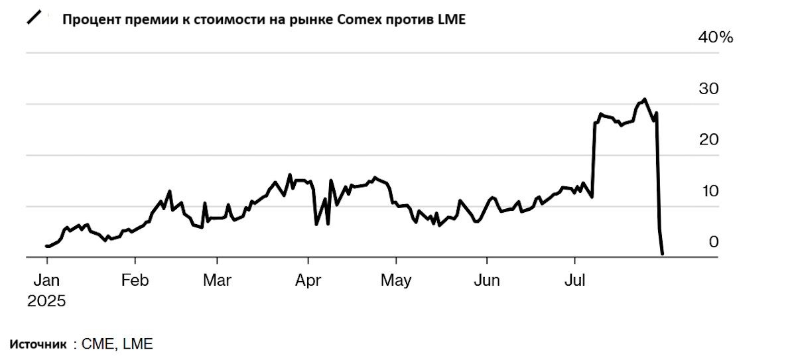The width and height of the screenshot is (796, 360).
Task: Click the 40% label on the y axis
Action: (x=716, y=38)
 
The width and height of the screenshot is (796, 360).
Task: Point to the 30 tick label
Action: (x=708, y=89)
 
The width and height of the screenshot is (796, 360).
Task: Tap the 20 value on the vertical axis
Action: (x=708, y=140)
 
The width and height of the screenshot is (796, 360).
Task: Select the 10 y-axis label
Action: (x=708, y=191)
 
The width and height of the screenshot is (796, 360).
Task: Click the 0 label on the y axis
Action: (x=713, y=242)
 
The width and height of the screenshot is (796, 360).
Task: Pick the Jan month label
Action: (x=46, y=280)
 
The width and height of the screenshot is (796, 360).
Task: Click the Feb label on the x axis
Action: (x=134, y=280)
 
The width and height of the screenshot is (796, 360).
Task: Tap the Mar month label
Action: (x=218, y=280)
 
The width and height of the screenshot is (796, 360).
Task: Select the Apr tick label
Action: (x=308, y=280)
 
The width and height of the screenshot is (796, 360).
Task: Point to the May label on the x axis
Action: (x=396, y=280)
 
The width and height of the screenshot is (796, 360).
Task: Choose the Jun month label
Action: (x=487, y=280)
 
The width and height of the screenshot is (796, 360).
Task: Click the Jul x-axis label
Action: (x=574, y=280)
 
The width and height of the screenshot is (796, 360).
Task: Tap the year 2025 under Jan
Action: (x=46, y=301)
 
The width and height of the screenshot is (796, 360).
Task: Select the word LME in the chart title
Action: (x=452, y=20)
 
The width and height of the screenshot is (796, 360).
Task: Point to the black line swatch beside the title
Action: (x=34, y=18)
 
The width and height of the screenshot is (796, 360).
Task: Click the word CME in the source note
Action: (x=95, y=344)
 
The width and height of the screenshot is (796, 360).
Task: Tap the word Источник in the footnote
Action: (x=38, y=344)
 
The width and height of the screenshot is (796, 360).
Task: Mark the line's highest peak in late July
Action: (x=644, y=99)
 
